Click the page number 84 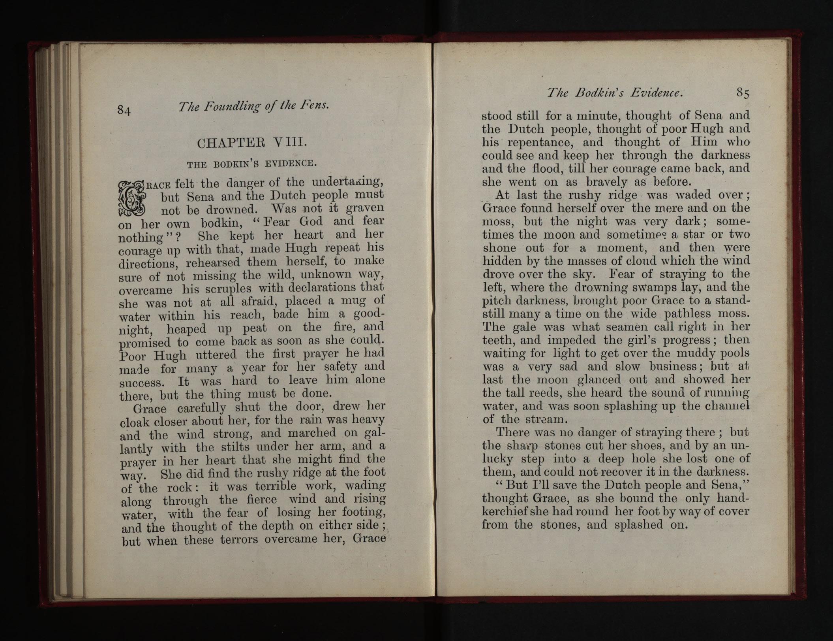pos(124,110)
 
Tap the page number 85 pos(743,93)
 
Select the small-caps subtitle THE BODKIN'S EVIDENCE pos(251,163)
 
